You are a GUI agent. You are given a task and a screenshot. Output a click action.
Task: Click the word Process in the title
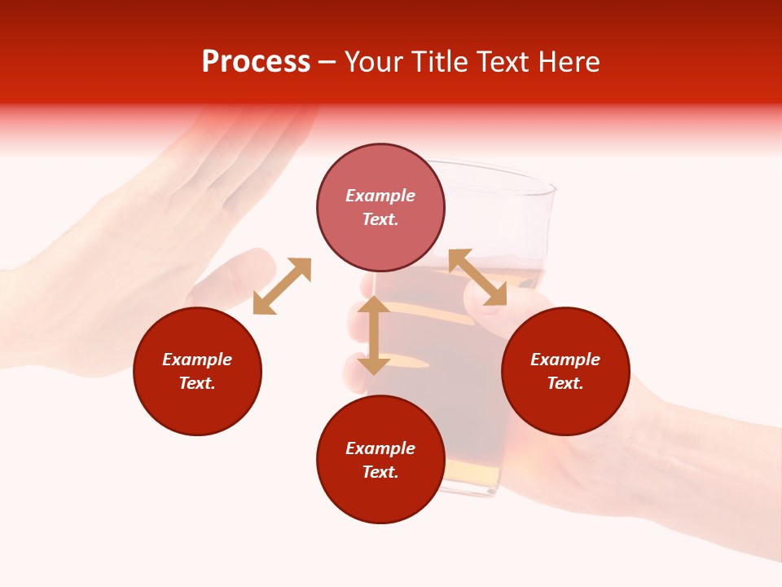256,62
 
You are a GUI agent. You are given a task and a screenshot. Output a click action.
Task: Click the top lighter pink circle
380,207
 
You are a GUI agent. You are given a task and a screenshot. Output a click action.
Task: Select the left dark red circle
197,371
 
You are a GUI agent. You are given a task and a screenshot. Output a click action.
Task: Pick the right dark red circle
565,371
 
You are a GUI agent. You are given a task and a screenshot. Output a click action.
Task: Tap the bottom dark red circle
380,460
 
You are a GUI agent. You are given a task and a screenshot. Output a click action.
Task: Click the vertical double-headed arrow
374,335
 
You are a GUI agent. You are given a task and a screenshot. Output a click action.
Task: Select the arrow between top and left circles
282,286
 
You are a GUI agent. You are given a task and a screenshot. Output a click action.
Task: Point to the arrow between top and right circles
477,277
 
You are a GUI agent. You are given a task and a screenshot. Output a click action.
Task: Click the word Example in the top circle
380,196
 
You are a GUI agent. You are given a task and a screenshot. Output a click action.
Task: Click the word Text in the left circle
196,383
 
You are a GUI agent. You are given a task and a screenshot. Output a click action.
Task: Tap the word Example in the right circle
565,360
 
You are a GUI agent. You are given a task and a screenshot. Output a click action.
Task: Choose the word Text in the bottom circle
380,472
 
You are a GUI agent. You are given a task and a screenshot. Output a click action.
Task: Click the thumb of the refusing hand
236,273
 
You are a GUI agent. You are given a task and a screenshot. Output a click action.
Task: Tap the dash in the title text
327,63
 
